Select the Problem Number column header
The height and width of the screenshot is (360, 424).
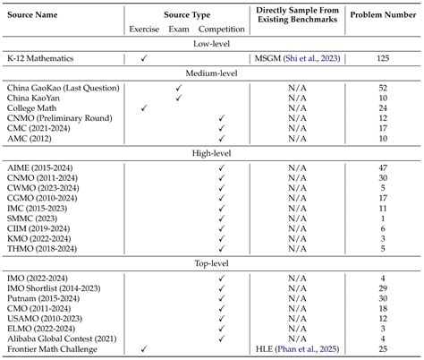coord(382,15)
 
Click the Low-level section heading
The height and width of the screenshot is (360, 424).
coord(212,42)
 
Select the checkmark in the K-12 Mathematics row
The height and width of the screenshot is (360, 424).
coord(144,57)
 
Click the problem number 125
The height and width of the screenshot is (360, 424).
coord(383,57)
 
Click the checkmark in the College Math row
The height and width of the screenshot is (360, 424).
coord(144,107)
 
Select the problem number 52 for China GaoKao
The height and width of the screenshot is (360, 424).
coord(383,88)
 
